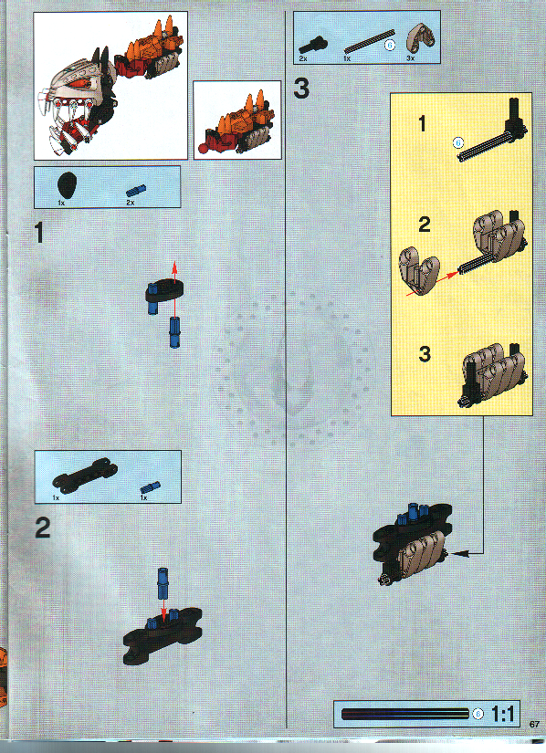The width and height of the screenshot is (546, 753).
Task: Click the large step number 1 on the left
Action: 39,234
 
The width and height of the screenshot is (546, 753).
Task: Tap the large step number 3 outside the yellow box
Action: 302,89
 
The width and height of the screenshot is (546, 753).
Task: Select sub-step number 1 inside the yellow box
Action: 422,124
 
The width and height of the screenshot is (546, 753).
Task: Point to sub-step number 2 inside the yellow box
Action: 423,225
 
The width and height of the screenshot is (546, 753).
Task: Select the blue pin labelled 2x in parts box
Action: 134,189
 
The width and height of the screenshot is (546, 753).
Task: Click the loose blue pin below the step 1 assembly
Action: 173,331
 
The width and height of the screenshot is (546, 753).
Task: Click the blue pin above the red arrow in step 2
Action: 164,578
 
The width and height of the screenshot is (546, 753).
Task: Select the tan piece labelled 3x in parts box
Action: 415,37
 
